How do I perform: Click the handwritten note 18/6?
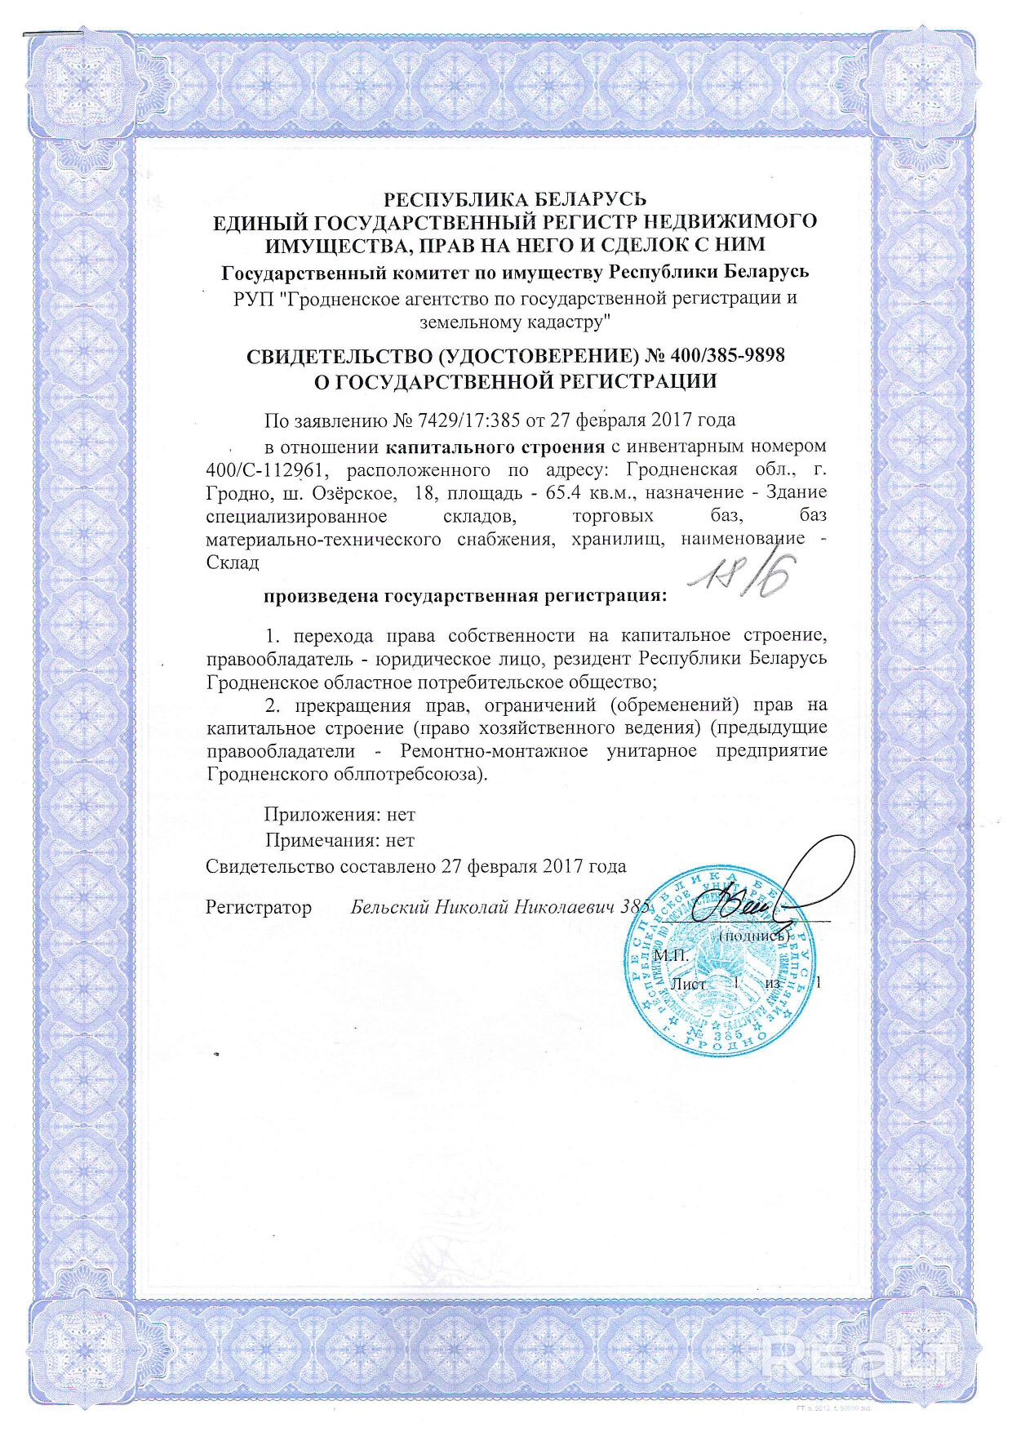click(x=743, y=576)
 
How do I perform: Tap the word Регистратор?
click(x=258, y=907)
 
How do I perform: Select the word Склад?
click(x=233, y=563)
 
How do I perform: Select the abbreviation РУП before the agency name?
click(x=253, y=299)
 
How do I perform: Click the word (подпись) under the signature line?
click(x=752, y=936)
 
